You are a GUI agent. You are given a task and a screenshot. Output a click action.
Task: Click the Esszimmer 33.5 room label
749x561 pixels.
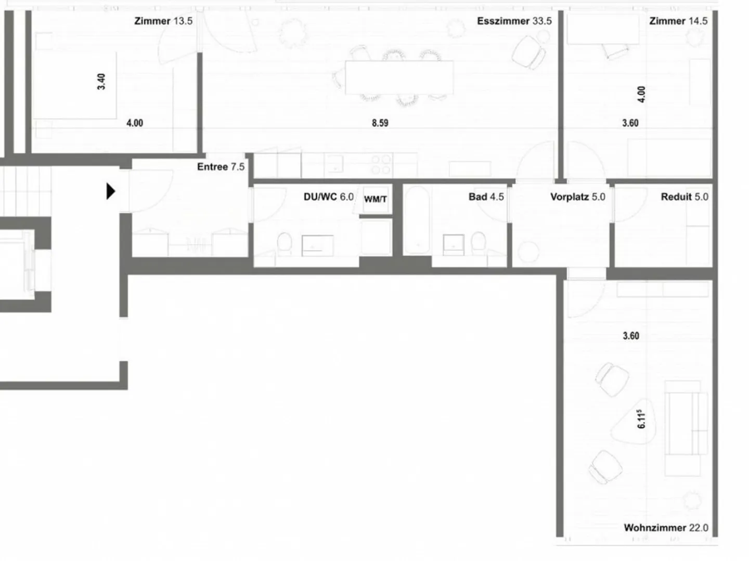click(514, 21)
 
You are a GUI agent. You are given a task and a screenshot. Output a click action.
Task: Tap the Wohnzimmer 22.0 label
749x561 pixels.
click(666, 528)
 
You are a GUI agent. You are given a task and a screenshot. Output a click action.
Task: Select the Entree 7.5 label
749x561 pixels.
click(221, 167)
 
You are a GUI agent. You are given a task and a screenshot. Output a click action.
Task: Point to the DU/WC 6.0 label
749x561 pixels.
click(328, 197)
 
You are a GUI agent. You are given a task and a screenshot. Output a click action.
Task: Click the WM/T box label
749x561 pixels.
click(376, 199)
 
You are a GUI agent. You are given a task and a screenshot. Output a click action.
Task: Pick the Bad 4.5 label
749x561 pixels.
click(486, 197)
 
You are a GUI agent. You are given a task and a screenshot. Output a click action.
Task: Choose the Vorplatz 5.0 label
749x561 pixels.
click(577, 197)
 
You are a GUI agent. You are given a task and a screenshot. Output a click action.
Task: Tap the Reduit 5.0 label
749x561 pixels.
click(684, 197)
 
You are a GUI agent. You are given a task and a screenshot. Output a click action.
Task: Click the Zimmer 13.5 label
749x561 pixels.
click(163, 21)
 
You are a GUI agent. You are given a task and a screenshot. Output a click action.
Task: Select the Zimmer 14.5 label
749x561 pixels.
click(678, 21)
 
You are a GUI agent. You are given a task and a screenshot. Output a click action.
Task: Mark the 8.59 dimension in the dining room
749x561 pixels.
click(380, 123)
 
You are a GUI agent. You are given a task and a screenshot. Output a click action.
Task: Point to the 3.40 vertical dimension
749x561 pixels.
click(101, 82)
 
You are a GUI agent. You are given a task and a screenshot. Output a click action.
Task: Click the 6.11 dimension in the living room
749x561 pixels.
click(641, 419)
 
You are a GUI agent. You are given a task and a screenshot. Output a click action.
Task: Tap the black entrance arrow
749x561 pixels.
click(110, 191)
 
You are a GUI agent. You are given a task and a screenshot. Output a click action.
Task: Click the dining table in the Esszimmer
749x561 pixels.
click(399, 77)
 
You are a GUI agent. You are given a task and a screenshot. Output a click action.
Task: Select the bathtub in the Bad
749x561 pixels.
click(417, 220)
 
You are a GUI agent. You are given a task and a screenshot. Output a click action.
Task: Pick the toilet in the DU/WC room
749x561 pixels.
click(284, 243)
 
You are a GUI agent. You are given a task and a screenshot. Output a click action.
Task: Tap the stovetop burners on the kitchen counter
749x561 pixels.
click(381, 165)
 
